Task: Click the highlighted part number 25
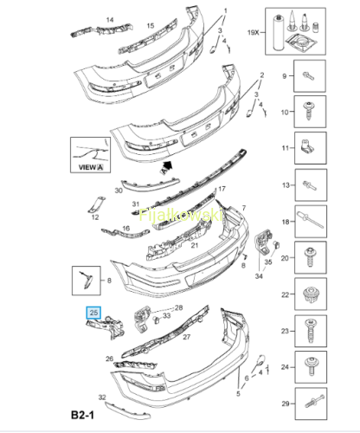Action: tap(93, 313)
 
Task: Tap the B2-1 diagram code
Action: tap(82, 415)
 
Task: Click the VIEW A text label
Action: tap(91, 167)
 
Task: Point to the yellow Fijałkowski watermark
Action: tap(181, 215)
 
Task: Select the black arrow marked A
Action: tap(166, 168)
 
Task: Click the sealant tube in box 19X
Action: tap(278, 33)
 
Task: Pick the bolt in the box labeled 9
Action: tap(308, 76)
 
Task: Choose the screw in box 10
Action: tap(310, 111)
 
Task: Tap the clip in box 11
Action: tap(306, 146)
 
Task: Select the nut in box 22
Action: tap(311, 294)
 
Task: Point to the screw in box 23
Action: tap(311, 331)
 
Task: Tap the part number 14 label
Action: tap(110, 20)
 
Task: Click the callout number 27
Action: tap(187, 337)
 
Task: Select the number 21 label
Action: tap(195, 245)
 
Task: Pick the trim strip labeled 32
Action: tap(127, 410)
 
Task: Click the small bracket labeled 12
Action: tap(96, 204)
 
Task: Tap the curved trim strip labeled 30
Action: tap(150, 184)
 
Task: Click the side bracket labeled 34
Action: tap(263, 242)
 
